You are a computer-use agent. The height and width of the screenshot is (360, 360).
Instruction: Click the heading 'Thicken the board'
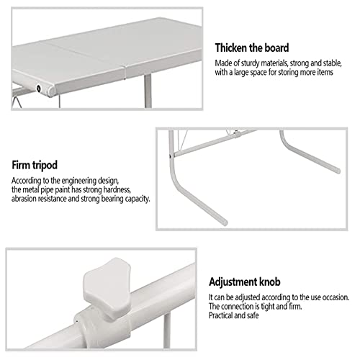252,48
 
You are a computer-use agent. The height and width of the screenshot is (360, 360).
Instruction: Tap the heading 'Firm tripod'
35,166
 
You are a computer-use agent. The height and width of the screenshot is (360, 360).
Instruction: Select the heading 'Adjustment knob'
245,282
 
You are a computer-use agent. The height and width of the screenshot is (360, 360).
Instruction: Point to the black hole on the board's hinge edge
39,89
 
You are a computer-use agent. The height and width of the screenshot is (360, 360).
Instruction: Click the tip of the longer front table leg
225,222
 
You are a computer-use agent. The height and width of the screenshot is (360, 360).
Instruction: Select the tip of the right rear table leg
338,171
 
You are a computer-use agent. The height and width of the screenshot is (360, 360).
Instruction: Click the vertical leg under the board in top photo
148,91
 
